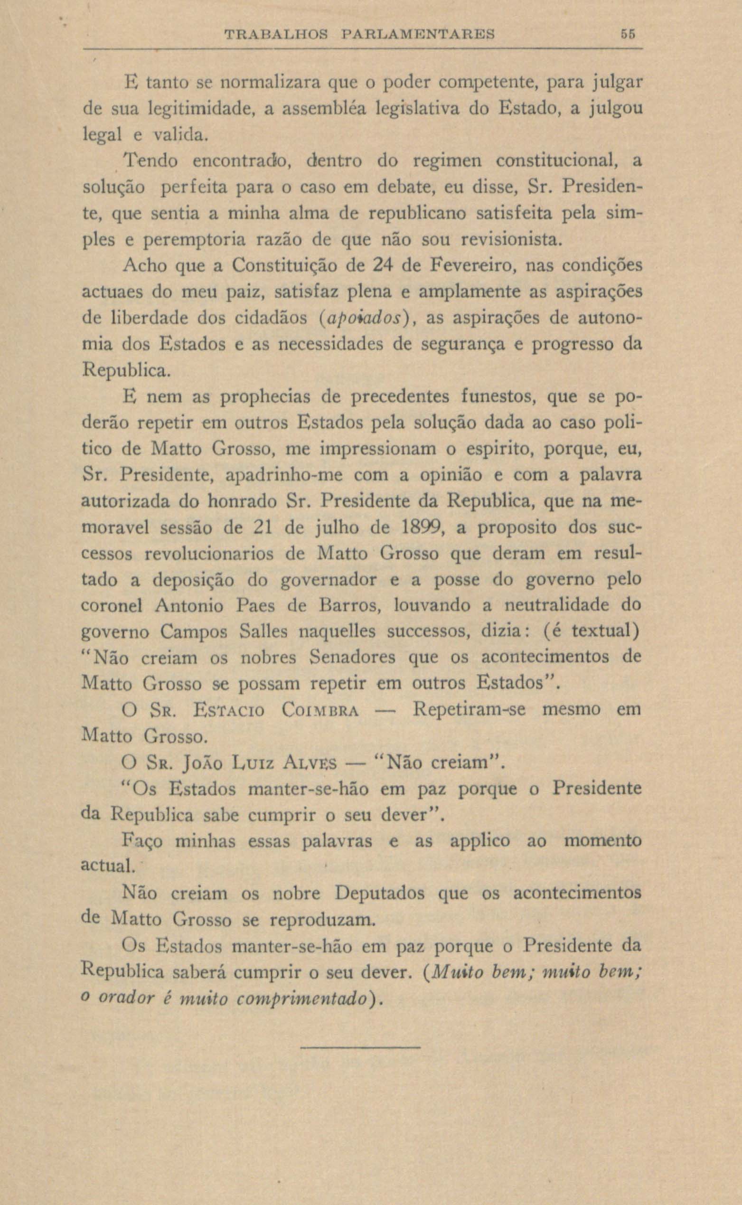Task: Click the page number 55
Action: pyautogui.click(x=628, y=35)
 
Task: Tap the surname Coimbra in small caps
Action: pyautogui.click(x=321, y=710)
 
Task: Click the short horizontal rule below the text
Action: pyautogui.click(x=360, y=1047)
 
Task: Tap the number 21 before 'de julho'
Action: pyautogui.click(x=266, y=528)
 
